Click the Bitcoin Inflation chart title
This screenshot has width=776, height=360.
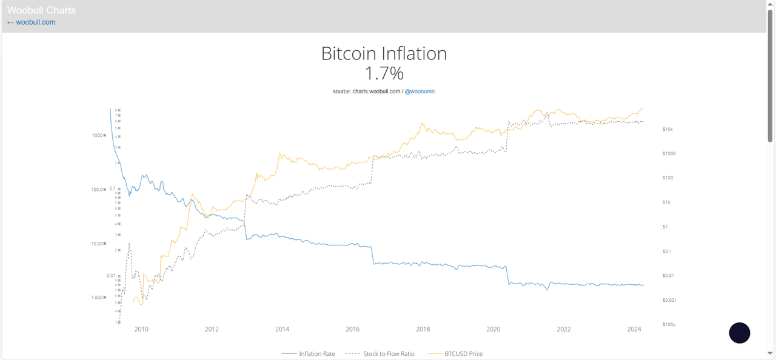tap(384, 53)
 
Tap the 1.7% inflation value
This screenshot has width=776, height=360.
tap(384, 73)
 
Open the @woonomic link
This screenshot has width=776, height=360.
tap(420, 92)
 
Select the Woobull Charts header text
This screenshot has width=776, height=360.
tap(41, 10)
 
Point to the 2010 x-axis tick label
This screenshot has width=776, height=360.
tap(141, 330)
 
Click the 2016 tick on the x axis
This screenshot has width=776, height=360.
tap(353, 330)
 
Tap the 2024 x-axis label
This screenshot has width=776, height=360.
tap(634, 330)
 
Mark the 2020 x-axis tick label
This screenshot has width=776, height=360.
tap(493, 330)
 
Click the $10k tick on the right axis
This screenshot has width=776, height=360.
tap(668, 130)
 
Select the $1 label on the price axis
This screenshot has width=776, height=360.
tap(665, 227)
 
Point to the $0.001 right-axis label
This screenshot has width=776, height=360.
tap(669, 300)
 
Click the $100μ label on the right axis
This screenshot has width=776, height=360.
tap(669, 325)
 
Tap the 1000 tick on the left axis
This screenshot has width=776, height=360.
tap(97, 135)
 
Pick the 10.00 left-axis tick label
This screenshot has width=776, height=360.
tap(97, 244)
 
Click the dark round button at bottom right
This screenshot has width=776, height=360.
tap(739, 333)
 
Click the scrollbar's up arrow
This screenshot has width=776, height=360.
tap(771, 4)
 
